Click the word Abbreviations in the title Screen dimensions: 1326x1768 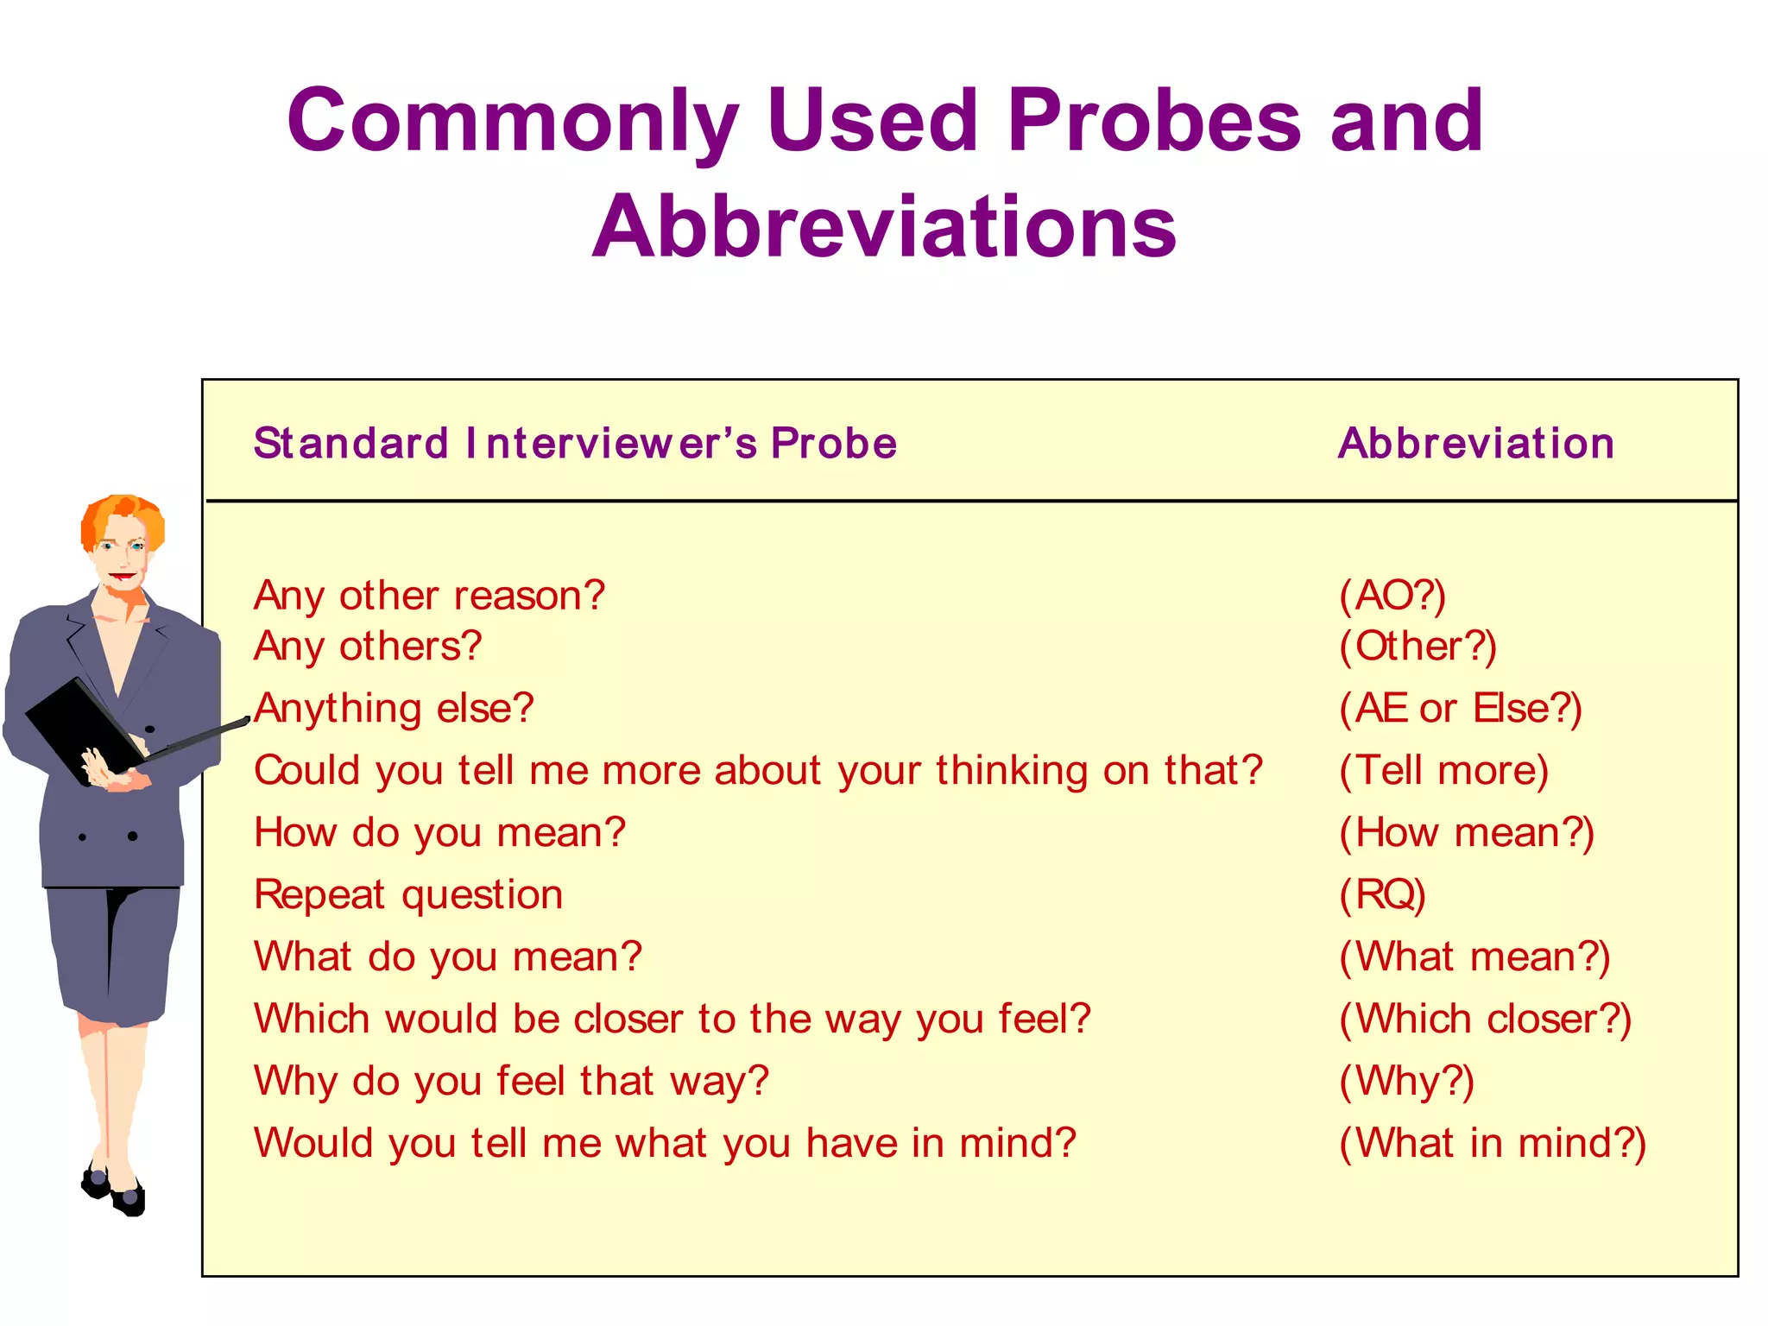pyautogui.click(x=884, y=226)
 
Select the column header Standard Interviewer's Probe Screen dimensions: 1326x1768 pyautogui.click(x=575, y=444)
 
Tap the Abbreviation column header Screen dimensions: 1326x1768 pyautogui.click(x=1475, y=444)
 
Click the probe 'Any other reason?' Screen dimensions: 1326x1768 pyautogui.click(x=429, y=596)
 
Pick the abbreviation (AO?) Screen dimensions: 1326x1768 pyautogui.click(x=1392, y=596)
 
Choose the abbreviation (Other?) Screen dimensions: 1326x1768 pyautogui.click(x=1418, y=647)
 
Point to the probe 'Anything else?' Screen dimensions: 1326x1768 pyautogui.click(x=394, y=709)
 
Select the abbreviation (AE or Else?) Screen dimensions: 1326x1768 pyautogui.click(x=1460, y=709)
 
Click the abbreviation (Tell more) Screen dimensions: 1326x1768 pyautogui.click(x=1443, y=771)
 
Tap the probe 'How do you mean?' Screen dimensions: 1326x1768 pyautogui.click(x=439, y=833)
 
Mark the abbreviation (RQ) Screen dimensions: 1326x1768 pyautogui.click(x=1382, y=895)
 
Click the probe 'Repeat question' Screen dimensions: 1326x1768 pyautogui.click(x=408, y=895)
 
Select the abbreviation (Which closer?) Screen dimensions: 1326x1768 pyautogui.click(x=1485, y=1020)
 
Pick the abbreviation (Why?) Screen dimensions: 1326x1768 pyautogui.click(x=1406, y=1082)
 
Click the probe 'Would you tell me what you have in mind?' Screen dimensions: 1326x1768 pyautogui.click(x=665, y=1144)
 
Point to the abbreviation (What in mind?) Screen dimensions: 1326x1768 pyautogui.click(x=1493, y=1144)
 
